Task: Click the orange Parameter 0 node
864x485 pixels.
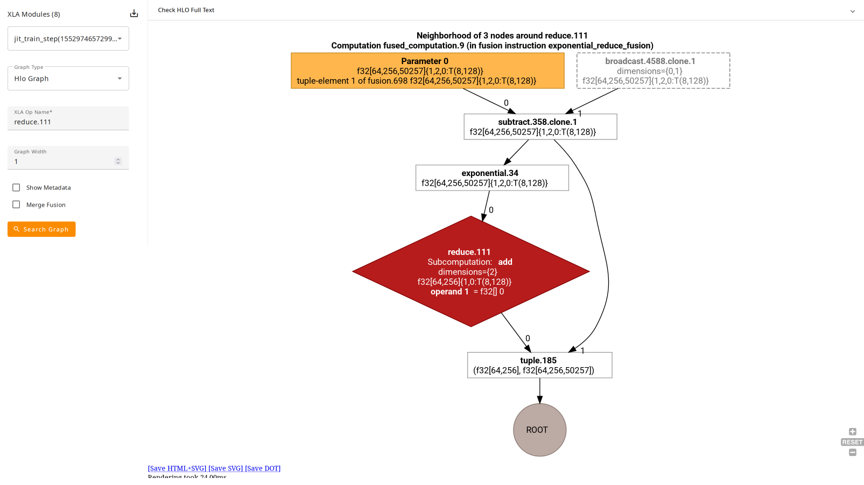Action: pos(427,71)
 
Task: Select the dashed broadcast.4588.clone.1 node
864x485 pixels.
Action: pos(653,71)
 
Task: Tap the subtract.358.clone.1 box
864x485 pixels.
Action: pos(540,126)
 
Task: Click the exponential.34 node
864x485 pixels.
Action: pos(492,178)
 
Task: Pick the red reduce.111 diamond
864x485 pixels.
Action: pos(470,271)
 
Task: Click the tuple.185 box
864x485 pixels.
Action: pos(539,365)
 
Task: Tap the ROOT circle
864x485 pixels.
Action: pos(539,430)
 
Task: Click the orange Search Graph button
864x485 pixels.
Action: pos(41,229)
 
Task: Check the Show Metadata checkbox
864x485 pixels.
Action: pos(16,187)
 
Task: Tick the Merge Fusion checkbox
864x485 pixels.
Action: pos(16,205)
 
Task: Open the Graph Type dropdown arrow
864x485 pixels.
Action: pos(120,79)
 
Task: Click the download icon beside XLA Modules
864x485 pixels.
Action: pos(134,13)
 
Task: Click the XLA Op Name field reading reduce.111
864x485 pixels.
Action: pos(68,122)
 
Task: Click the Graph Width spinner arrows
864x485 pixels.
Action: pos(118,161)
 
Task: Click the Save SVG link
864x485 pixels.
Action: pos(226,468)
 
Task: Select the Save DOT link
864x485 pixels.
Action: pos(263,468)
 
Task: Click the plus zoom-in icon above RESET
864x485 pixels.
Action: pos(852,432)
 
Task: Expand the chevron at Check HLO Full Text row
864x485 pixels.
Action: pos(852,11)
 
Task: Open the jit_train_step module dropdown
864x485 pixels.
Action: pos(68,39)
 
